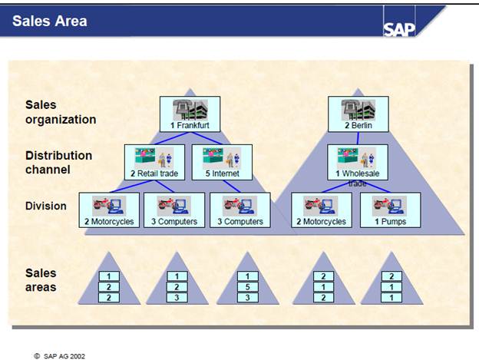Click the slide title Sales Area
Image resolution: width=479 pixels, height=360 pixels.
click(x=50, y=21)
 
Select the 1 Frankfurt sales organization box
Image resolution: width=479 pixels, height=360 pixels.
click(x=189, y=113)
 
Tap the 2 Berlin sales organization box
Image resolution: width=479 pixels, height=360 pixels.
click(x=356, y=113)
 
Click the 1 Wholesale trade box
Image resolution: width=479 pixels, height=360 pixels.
click(x=356, y=162)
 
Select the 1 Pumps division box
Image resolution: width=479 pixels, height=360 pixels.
click(x=390, y=210)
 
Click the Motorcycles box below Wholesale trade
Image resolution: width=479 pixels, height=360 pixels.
click(x=322, y=210)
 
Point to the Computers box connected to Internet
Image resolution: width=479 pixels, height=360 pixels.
click(x=240, y=210)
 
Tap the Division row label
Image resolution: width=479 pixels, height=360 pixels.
click(x=45, y=206)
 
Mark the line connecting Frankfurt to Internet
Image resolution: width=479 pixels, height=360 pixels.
click(x=206, y=138)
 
